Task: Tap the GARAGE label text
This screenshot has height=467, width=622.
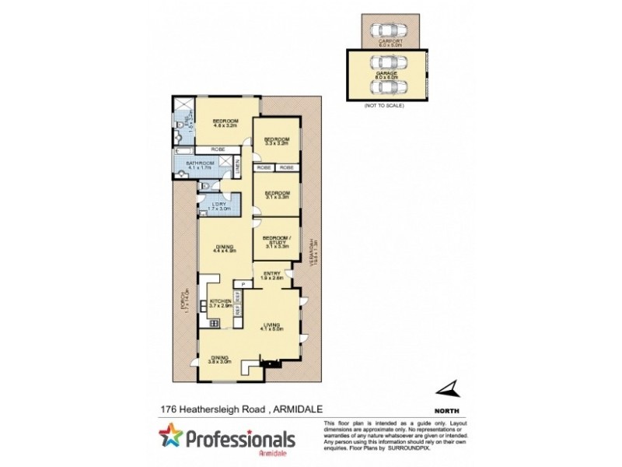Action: tap(386, 73)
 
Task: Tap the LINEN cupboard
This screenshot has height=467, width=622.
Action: tap(238, 165)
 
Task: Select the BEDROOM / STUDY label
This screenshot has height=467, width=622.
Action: tap(276, 241)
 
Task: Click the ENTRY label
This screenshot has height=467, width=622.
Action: tap(271, 275)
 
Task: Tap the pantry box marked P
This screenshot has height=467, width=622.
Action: tap(243, 284)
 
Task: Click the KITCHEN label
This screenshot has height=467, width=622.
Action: tap(221, 303)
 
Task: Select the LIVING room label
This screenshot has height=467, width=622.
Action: tap(271, 327)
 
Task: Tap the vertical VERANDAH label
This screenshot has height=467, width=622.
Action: tap(310, 253)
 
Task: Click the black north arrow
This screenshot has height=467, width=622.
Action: tap(448, 388)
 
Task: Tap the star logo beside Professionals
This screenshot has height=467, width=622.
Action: tap(169, 437)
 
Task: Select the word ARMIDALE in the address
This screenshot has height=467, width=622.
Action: tap(299, 407)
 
